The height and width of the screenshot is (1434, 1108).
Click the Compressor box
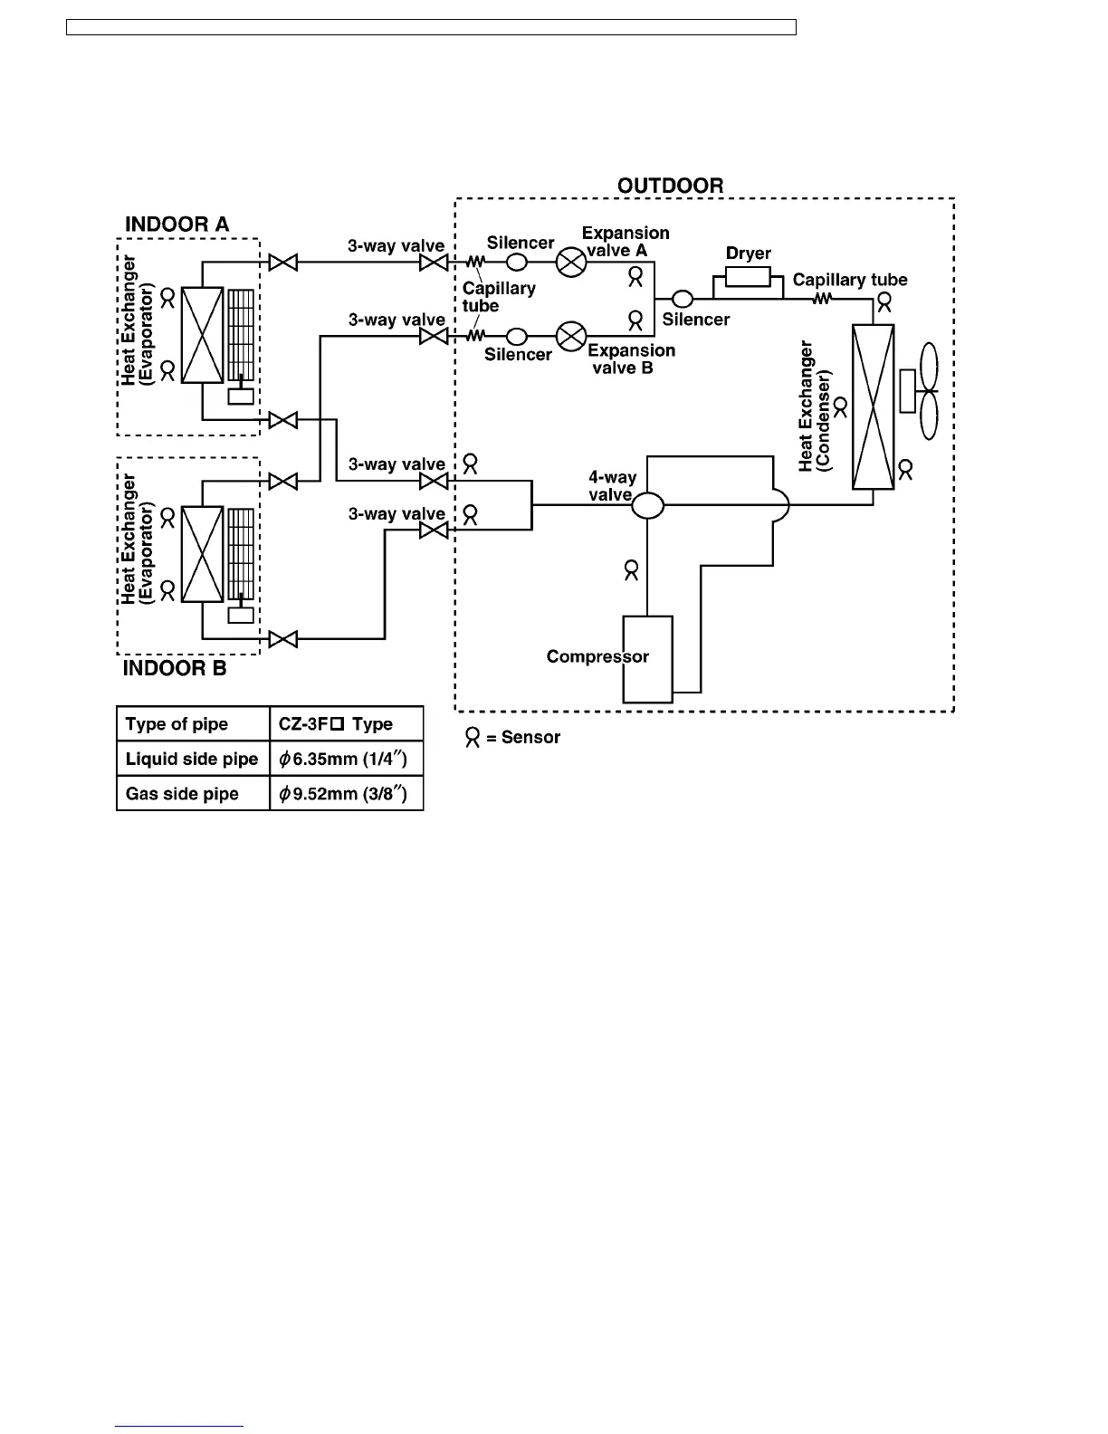(x=647, y=659)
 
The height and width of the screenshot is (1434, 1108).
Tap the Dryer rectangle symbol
(x=748, y=275)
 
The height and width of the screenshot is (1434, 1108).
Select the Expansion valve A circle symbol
(x=571, y=263)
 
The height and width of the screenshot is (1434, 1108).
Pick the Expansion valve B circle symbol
(x=571, y=337)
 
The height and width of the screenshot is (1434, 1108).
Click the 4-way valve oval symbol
(x=647, y=504)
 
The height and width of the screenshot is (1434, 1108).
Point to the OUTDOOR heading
(x=670, y=186)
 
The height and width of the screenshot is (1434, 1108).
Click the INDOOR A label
(x=177, y=224)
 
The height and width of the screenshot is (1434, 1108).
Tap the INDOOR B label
(x=175, y=669)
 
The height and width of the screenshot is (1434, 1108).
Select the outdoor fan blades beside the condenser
(x=928, y=391)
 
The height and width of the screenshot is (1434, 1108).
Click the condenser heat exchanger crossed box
(x=873, y=407)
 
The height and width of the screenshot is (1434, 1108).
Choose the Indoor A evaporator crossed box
(x=202, y=335)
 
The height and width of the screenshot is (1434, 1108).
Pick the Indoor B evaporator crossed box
(x=202, y=554)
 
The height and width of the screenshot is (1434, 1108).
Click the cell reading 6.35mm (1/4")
(x=347, y=759)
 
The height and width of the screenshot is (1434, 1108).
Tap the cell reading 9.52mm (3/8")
(x=347, y=794)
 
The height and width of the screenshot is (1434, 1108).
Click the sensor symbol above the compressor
(x=632, y=570)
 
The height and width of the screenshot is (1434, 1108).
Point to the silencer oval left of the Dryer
(x=681, y=298)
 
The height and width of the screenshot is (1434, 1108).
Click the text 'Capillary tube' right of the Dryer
(x=850, y=280)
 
